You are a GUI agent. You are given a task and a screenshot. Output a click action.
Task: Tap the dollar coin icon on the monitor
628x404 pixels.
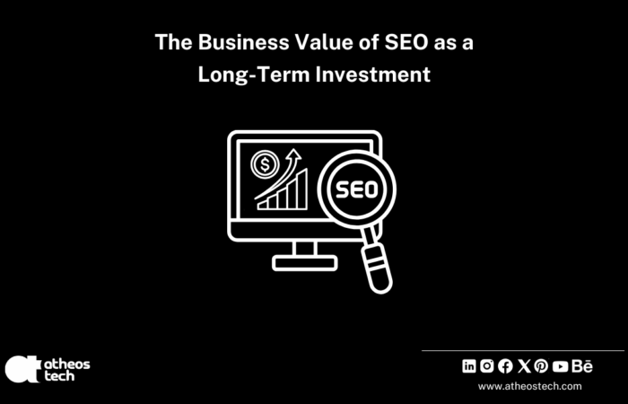(264, 163)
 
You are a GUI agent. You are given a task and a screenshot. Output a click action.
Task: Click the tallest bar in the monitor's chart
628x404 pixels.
(303, 189)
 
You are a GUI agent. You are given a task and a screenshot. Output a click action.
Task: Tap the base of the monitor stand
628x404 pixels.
(303, 263)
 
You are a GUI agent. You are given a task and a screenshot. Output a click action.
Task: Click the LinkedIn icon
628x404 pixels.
(469, 365)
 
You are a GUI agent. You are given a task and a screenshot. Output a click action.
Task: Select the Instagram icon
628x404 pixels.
(487, 365)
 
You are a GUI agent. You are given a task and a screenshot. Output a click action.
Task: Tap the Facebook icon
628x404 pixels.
(505, 365)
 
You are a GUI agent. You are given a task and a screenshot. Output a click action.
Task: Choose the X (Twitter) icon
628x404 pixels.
(524, 365)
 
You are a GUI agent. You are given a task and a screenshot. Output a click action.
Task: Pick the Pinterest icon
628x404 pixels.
(541, 365)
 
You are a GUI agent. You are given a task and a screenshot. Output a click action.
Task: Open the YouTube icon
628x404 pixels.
(561, 365)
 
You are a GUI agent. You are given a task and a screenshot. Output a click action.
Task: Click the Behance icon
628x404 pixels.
(583, 365)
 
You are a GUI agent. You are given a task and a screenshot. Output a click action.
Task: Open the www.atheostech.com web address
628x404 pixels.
(529, 386)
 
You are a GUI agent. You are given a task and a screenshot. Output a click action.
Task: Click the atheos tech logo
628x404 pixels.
(48, 368)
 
